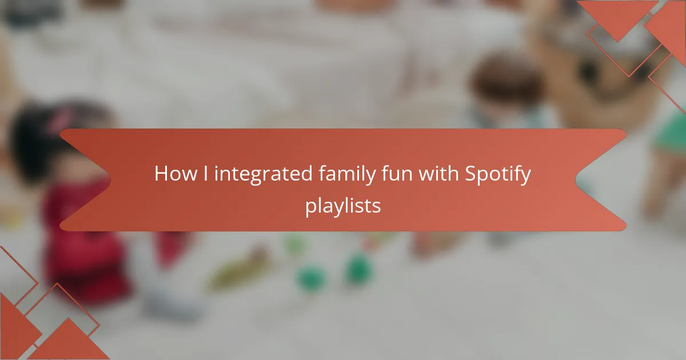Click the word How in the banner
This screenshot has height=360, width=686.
pos(176,174)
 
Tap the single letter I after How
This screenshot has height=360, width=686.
pos(205,173)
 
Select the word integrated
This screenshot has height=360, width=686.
pos(263,174)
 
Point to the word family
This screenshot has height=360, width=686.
pos(347,174)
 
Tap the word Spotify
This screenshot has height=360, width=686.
pos(498,174)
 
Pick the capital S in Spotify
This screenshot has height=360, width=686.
pos(470,174)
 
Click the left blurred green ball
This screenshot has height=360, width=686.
pos(311,278)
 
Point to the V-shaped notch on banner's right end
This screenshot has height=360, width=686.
pos(576,179)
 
